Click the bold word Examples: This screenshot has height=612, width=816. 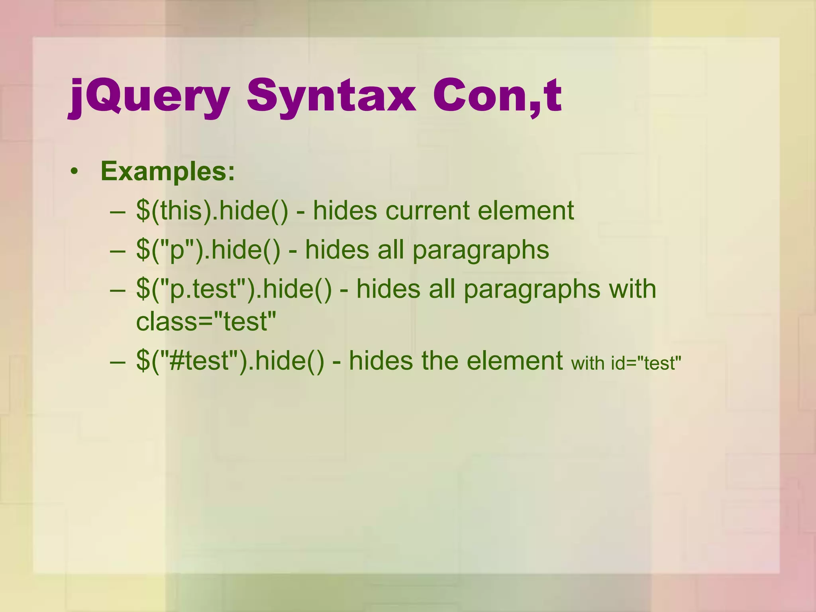[x=168, y=171]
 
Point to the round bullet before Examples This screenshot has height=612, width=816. [x=74, y=172]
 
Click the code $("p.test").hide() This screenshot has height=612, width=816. [x=233, y=289]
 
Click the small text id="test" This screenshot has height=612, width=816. [x=646, y=363]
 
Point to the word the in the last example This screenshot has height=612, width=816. [x=437, y=361]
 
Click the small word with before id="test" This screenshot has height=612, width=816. [x=588, y=363]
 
